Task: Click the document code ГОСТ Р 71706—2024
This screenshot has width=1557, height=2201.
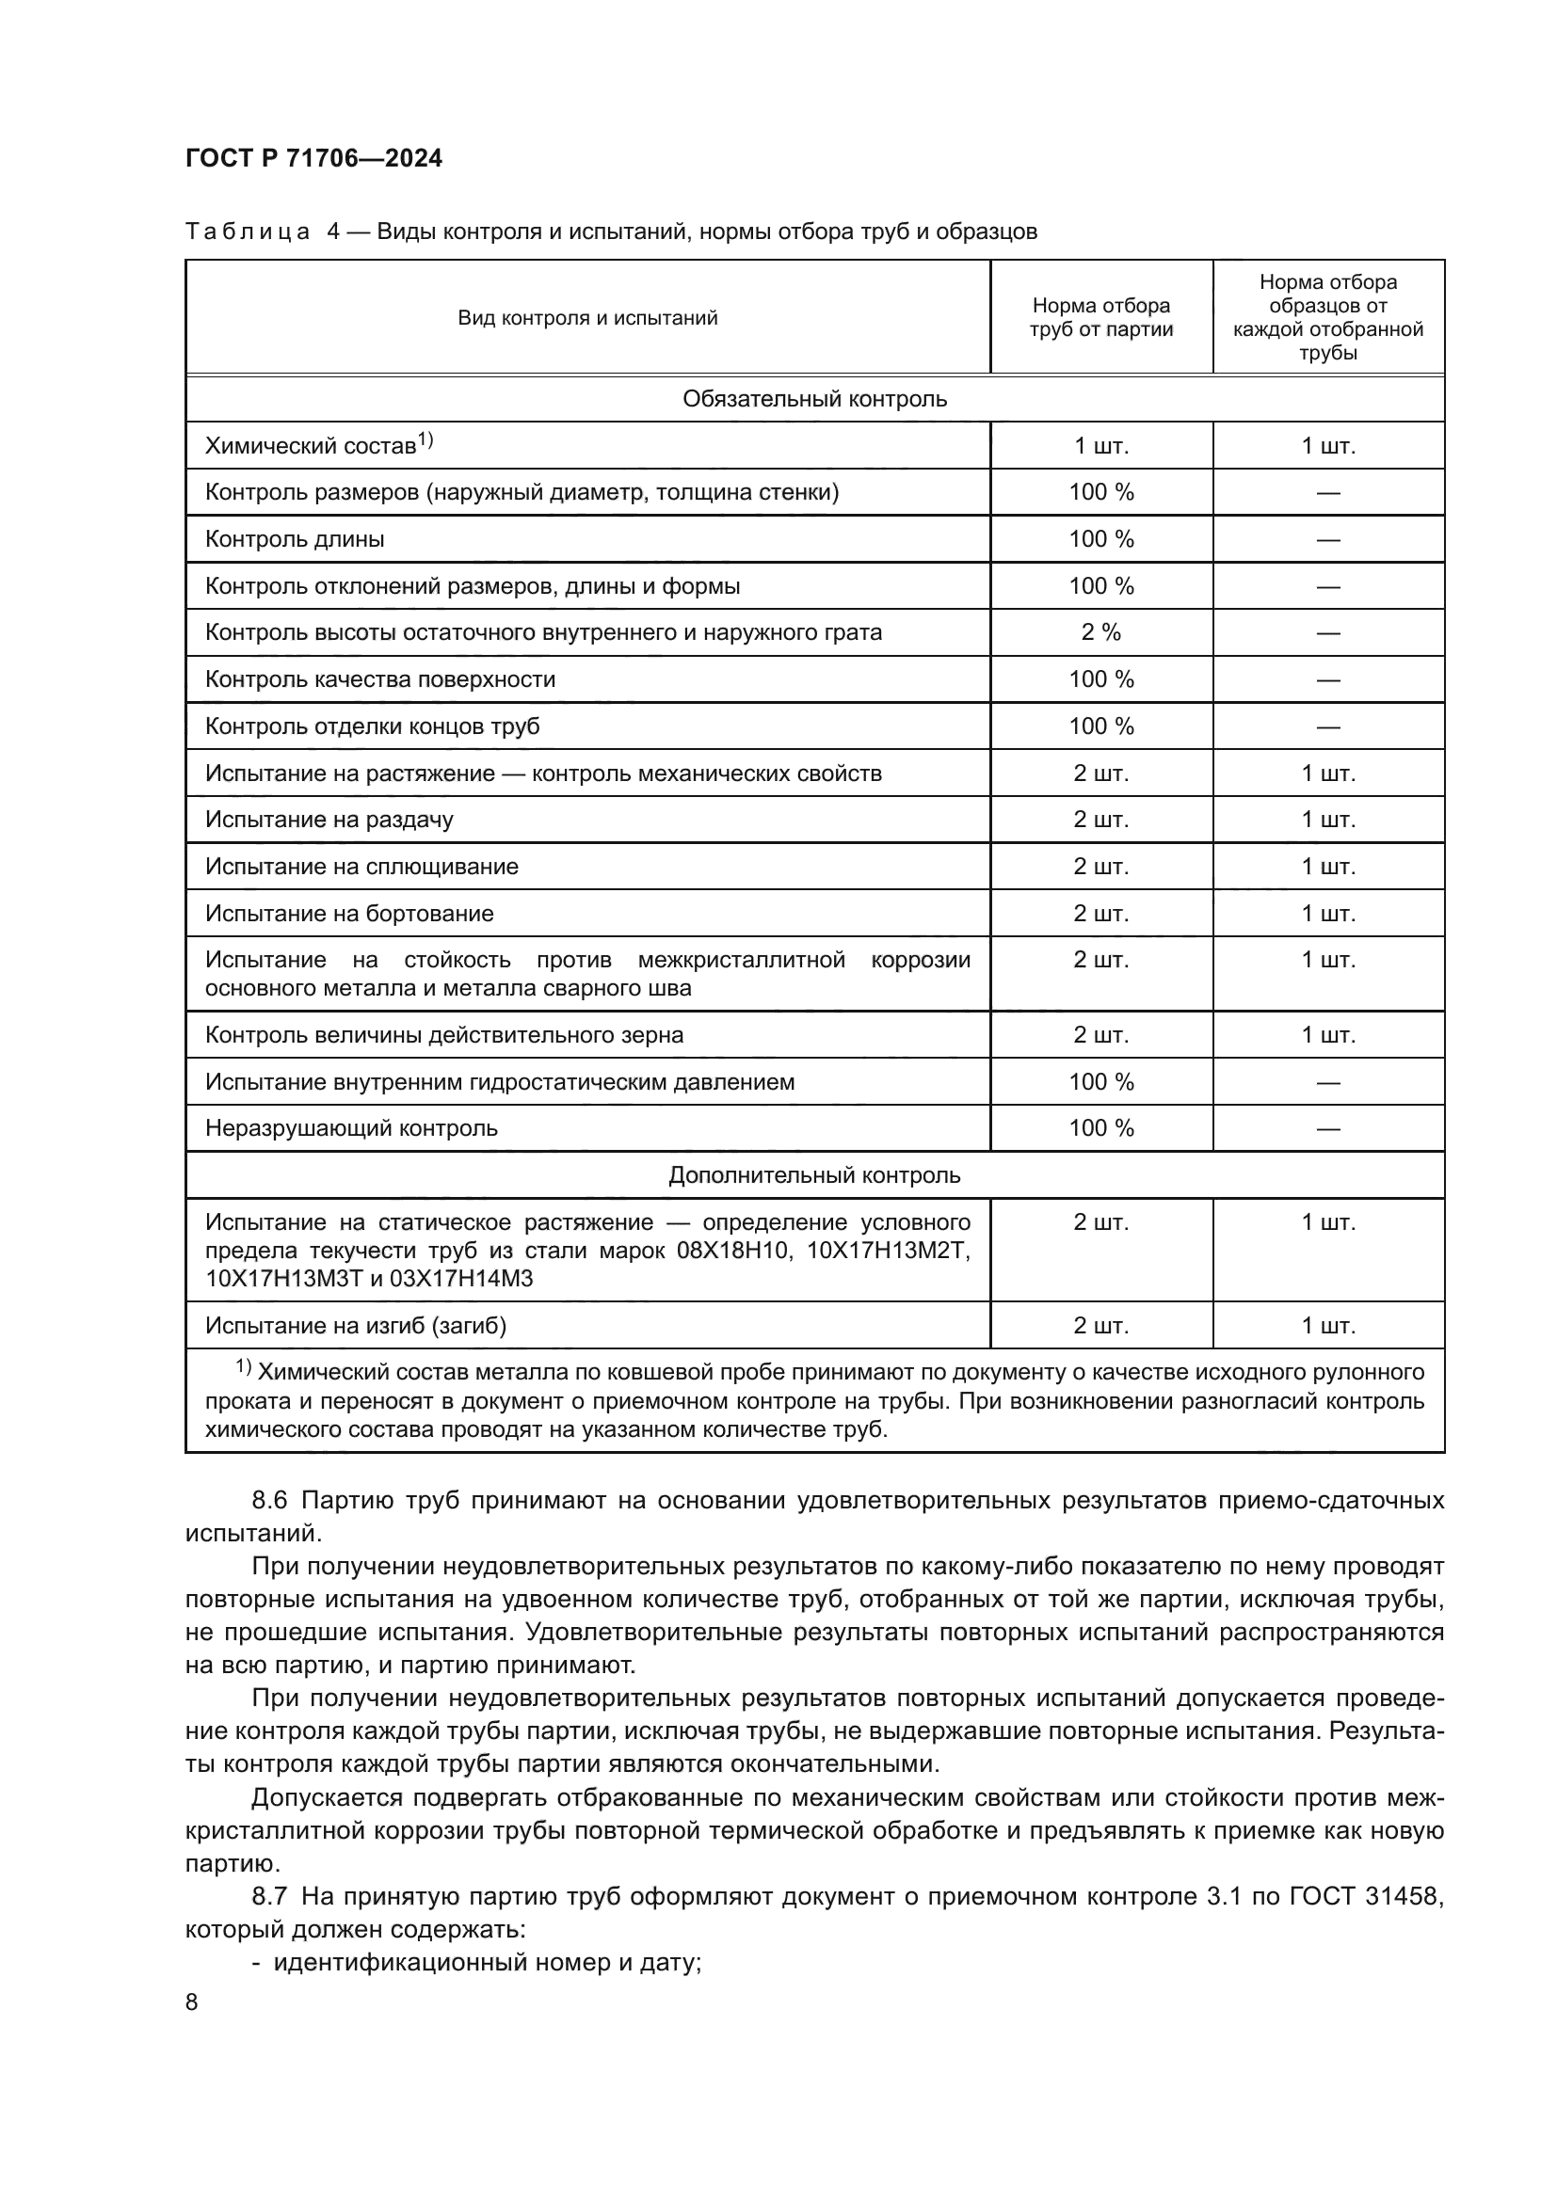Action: [x=313, y=158]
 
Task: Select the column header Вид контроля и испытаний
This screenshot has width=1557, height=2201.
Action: [x=586, y=317]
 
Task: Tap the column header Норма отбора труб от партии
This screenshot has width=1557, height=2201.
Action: [x=1100, y=317]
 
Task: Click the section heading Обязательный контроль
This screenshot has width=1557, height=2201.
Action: [x=814, y=399]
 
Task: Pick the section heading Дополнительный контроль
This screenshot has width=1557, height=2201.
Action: [x=814, y=1175]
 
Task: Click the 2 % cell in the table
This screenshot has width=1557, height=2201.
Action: [x=1100, y=632]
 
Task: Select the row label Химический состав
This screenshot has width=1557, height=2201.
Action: [x=311, y=446]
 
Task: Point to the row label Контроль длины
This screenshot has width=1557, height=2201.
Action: [x=295, y=539]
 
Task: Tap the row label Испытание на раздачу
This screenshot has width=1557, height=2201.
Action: [x=329, y=820]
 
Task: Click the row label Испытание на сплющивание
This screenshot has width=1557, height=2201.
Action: [x=361, y=867]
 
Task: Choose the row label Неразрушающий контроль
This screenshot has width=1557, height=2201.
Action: [x=351, y=1128]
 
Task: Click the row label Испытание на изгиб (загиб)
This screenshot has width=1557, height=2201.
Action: [x=356, y=1326]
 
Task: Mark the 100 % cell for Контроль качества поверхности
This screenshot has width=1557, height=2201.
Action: [x=1100, y=679]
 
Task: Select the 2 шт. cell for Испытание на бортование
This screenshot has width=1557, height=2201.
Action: [x=1100, y=914]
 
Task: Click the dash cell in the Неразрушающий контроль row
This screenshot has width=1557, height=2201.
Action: [x=1328, y=1129]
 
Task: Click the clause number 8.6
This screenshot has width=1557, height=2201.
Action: [x=269, y=1500]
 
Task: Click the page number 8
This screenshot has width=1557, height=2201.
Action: [x=192, y=2002]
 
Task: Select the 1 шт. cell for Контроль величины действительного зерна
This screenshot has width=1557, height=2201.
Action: [x=1328, y=1035]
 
